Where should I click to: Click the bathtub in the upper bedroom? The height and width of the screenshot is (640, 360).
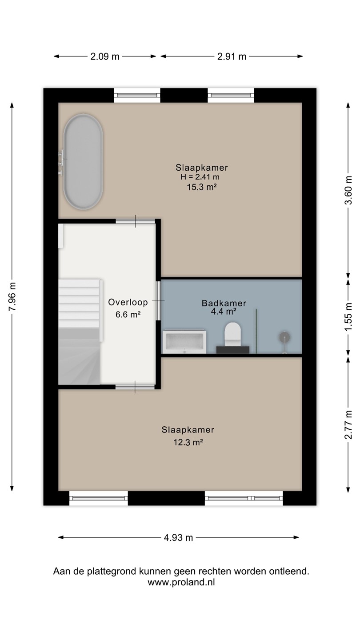tap(83, 162)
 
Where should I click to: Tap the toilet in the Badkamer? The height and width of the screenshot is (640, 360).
tap(232, 334)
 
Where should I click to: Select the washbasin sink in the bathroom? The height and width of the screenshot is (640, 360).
tap(184, 342)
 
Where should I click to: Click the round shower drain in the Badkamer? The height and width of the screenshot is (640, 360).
tap(284, 337)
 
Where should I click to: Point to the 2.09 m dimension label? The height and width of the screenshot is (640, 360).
tap(105, 56)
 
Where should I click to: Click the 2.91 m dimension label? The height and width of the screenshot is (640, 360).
tap(232, 56)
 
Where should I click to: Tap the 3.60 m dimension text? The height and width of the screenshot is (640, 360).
tap(348, 190)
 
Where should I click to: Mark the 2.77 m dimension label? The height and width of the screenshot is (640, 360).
tap(348, 424)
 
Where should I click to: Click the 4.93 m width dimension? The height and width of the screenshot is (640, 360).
tap(178, 538)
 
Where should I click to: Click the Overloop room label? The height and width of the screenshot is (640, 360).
tap(128, 302)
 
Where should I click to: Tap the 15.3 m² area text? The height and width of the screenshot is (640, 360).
tap(202, 187)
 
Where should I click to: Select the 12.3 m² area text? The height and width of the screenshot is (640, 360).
tap(188, 443)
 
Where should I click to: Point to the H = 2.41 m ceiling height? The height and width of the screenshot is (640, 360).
tap(200, 177)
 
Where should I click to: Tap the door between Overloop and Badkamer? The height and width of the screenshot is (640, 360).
tap(158, 300)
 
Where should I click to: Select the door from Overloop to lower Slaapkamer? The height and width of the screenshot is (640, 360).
tap(135, 387)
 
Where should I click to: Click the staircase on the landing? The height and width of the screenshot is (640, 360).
tap(80, 332)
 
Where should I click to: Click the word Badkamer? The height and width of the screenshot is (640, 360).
tap(224, 303)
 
